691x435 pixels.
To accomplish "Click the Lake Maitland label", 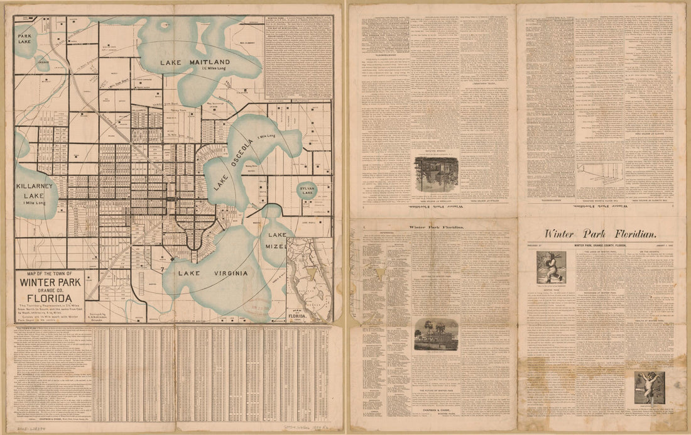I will click(x=195, y=62).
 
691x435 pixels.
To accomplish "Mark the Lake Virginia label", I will click(x=212, y=273).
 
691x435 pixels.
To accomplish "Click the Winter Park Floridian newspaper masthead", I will click(x=602, y=233).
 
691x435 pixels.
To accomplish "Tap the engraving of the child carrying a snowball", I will click(x=551, y=267).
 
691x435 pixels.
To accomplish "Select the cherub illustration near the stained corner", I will click(x=650, y=387).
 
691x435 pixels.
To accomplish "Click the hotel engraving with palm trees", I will click(x=436, y=334).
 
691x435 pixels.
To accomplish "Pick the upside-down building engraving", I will click(x=436, y=174).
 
